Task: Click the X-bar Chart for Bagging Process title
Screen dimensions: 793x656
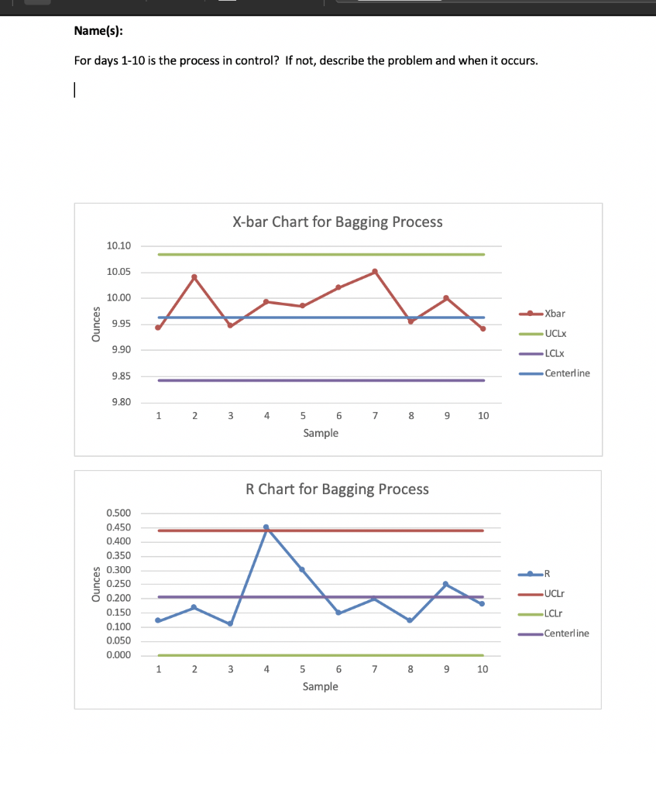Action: coord(338,222)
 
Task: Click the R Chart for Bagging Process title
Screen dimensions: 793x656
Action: coord(337,489)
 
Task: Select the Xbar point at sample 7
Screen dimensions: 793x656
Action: coord(375,271)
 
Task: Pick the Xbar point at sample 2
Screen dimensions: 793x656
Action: coord(194,276)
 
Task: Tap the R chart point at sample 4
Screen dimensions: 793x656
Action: coord(266,527)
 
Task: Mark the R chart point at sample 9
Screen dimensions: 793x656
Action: coord(446,583)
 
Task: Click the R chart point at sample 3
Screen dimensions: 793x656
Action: coord(230,623)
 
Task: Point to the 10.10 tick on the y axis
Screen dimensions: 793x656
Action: coord(118,246)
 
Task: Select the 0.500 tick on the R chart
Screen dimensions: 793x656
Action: coord(118,513)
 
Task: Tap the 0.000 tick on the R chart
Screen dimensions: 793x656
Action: coord(118,656)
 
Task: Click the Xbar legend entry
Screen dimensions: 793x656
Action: coord(555,314)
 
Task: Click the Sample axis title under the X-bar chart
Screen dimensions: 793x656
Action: coord(321,433)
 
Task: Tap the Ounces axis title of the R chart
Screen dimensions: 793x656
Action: coord(96,585)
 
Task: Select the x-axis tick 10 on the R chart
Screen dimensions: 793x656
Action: coord(483,670)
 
